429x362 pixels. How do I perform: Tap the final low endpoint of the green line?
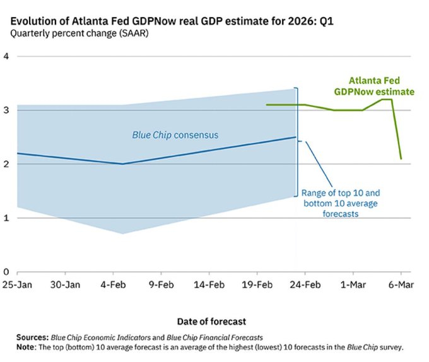click(401, 158)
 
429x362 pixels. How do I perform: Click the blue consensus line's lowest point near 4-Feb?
click(122, 164)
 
